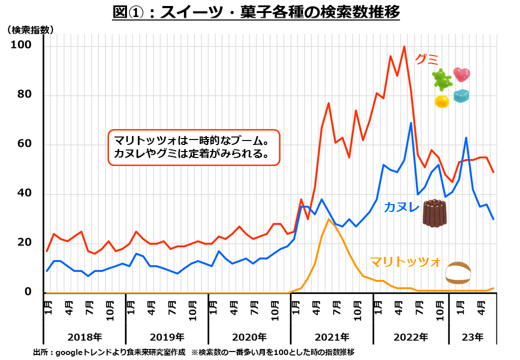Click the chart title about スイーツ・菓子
tap(256, 11)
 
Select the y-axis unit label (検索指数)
tap(29, 30)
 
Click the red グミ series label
tap(426, 59)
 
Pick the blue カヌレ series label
tap(401, 207)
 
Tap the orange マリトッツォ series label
tap(405, 261)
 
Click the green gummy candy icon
tap(442, 79)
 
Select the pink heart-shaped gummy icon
tap(461, 74)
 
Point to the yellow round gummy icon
tap(441, 101)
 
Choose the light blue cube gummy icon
tap(461, 95)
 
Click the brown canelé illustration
tap(434, 213)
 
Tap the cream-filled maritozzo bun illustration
tap(458, 273)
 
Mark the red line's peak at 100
tap(404, 46)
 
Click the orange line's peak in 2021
tap(328, 219)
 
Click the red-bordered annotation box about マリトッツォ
tap(194, 147)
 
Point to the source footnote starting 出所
tap(193, 352)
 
